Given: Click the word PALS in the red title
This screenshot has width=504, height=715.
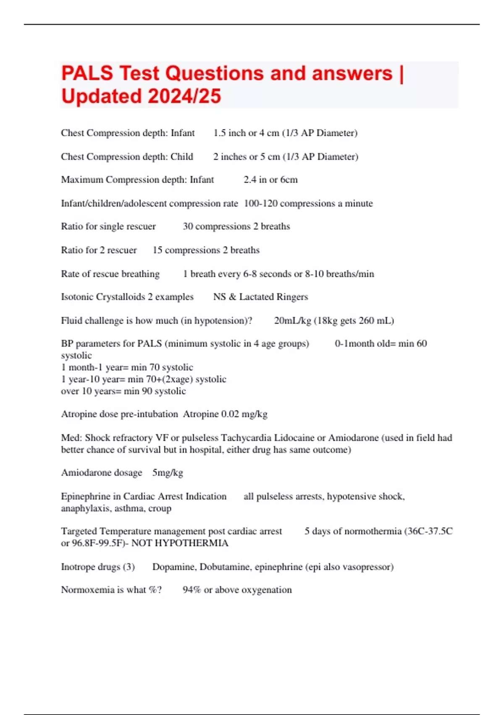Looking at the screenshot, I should point(87,73).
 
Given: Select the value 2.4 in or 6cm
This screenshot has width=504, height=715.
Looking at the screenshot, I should point(270,180).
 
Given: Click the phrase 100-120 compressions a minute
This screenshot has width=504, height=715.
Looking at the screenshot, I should point(308,204).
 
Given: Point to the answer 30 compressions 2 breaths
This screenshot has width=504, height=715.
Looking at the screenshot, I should point(236,226).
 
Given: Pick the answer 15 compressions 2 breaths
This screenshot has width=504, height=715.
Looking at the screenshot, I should point(206,250).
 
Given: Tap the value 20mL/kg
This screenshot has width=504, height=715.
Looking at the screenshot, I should point(292,320).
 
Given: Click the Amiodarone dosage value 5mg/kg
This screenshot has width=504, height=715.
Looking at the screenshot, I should point(168,473).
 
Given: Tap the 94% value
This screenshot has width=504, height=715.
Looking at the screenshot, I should point(192,590).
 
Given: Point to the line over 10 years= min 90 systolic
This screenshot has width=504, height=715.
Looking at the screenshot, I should point(123,391).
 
